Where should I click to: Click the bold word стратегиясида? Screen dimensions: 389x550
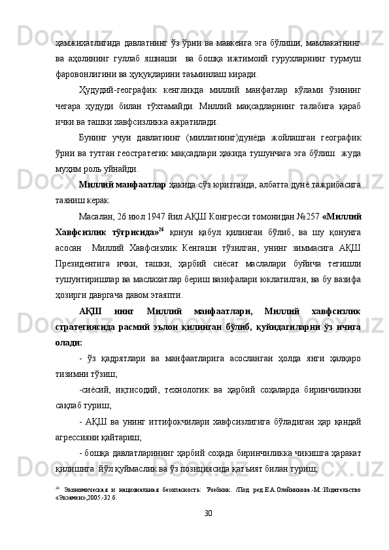[83, 325]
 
